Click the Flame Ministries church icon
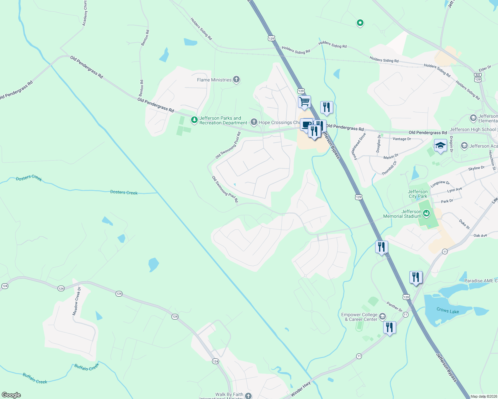pos(236,80)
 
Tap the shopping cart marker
pos(304,102)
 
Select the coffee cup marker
pos(306,125)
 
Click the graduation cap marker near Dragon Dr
pos(440,146)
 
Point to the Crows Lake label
pos(448,311)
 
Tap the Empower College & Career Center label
pos(361,317)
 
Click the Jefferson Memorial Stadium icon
pos(426,213)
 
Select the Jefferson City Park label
pos(418,194)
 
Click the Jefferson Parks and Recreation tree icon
pos(194,120)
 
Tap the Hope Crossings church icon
pos(254,122)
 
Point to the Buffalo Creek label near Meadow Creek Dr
pos(87,367)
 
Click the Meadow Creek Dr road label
pos(77,301)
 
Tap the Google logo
pos(11,395)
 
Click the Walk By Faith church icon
pos(248,395)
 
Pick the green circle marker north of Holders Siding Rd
pos(360,23)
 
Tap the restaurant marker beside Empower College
pos(389,328)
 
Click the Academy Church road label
pos(85,13)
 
